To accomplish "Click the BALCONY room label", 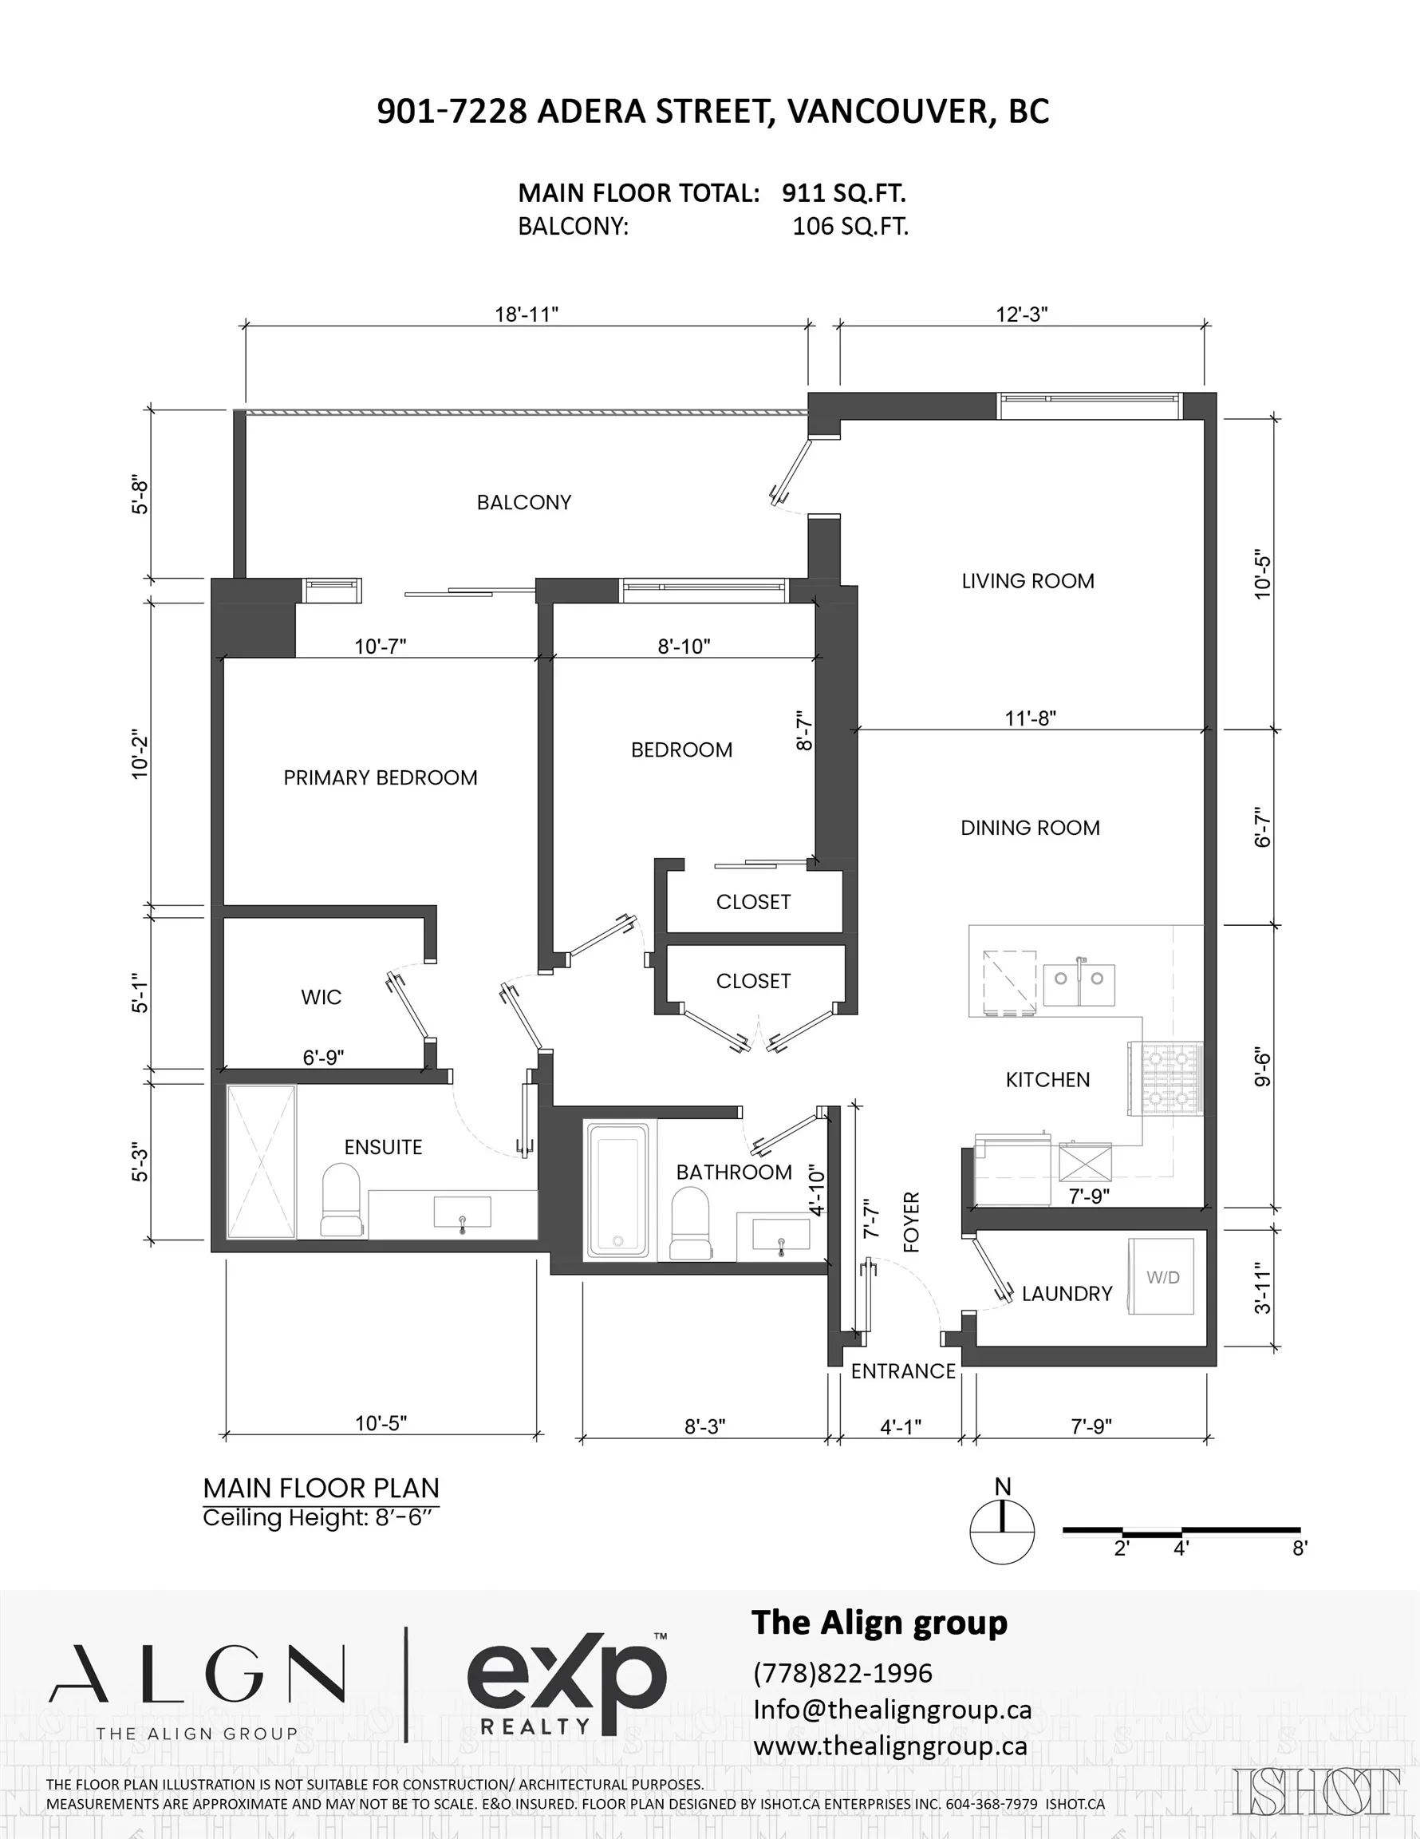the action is point(523,503).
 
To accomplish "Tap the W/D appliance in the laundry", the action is point(1162,1275).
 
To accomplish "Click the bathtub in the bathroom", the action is point(619,1189).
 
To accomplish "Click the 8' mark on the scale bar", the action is point(1299,1548).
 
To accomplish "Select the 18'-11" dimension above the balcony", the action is point(527,314).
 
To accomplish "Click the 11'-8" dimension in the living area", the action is point(1030,718).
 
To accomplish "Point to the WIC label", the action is point(321,997).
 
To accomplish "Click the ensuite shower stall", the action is point(261,1162).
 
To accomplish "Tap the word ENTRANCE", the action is point(903,1372).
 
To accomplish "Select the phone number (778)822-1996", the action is point(842,1672).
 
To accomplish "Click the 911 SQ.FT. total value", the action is point(843,193).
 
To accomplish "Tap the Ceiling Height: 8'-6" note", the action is point(321,1518).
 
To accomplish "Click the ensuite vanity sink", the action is point(462,1212).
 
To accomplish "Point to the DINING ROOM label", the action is point(1030,828).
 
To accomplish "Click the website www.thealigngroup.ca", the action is point(890,1746).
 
